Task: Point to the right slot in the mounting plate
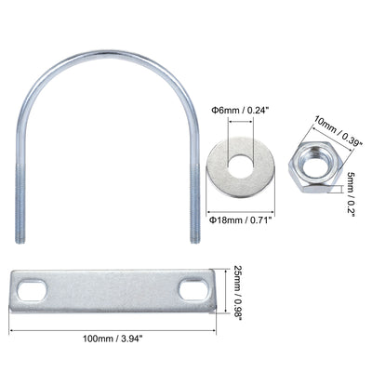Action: coord(196,290)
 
